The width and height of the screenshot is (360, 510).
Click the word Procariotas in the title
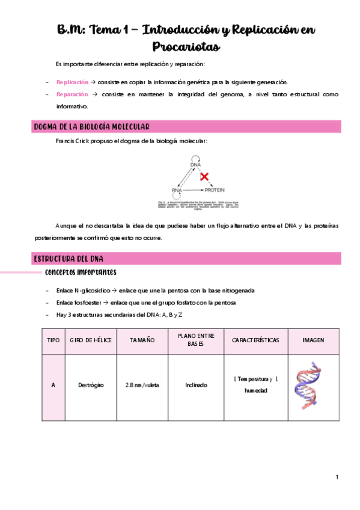tap(185, 46)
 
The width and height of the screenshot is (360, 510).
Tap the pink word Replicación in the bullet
tap(71, 82)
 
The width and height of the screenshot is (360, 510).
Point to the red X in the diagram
tap(204, 177)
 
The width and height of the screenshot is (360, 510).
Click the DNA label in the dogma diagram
tap(195, 164)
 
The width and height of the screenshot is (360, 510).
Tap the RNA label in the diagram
tap(177, 190)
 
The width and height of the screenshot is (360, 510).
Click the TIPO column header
tap(53, 340)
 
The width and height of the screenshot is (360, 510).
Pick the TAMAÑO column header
tap(142, 340)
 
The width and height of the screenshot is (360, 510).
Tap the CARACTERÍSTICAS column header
tap(255, 340)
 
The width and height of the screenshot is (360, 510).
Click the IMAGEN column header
tap(313, 340)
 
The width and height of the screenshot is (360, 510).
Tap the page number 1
tap(337, 478)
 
